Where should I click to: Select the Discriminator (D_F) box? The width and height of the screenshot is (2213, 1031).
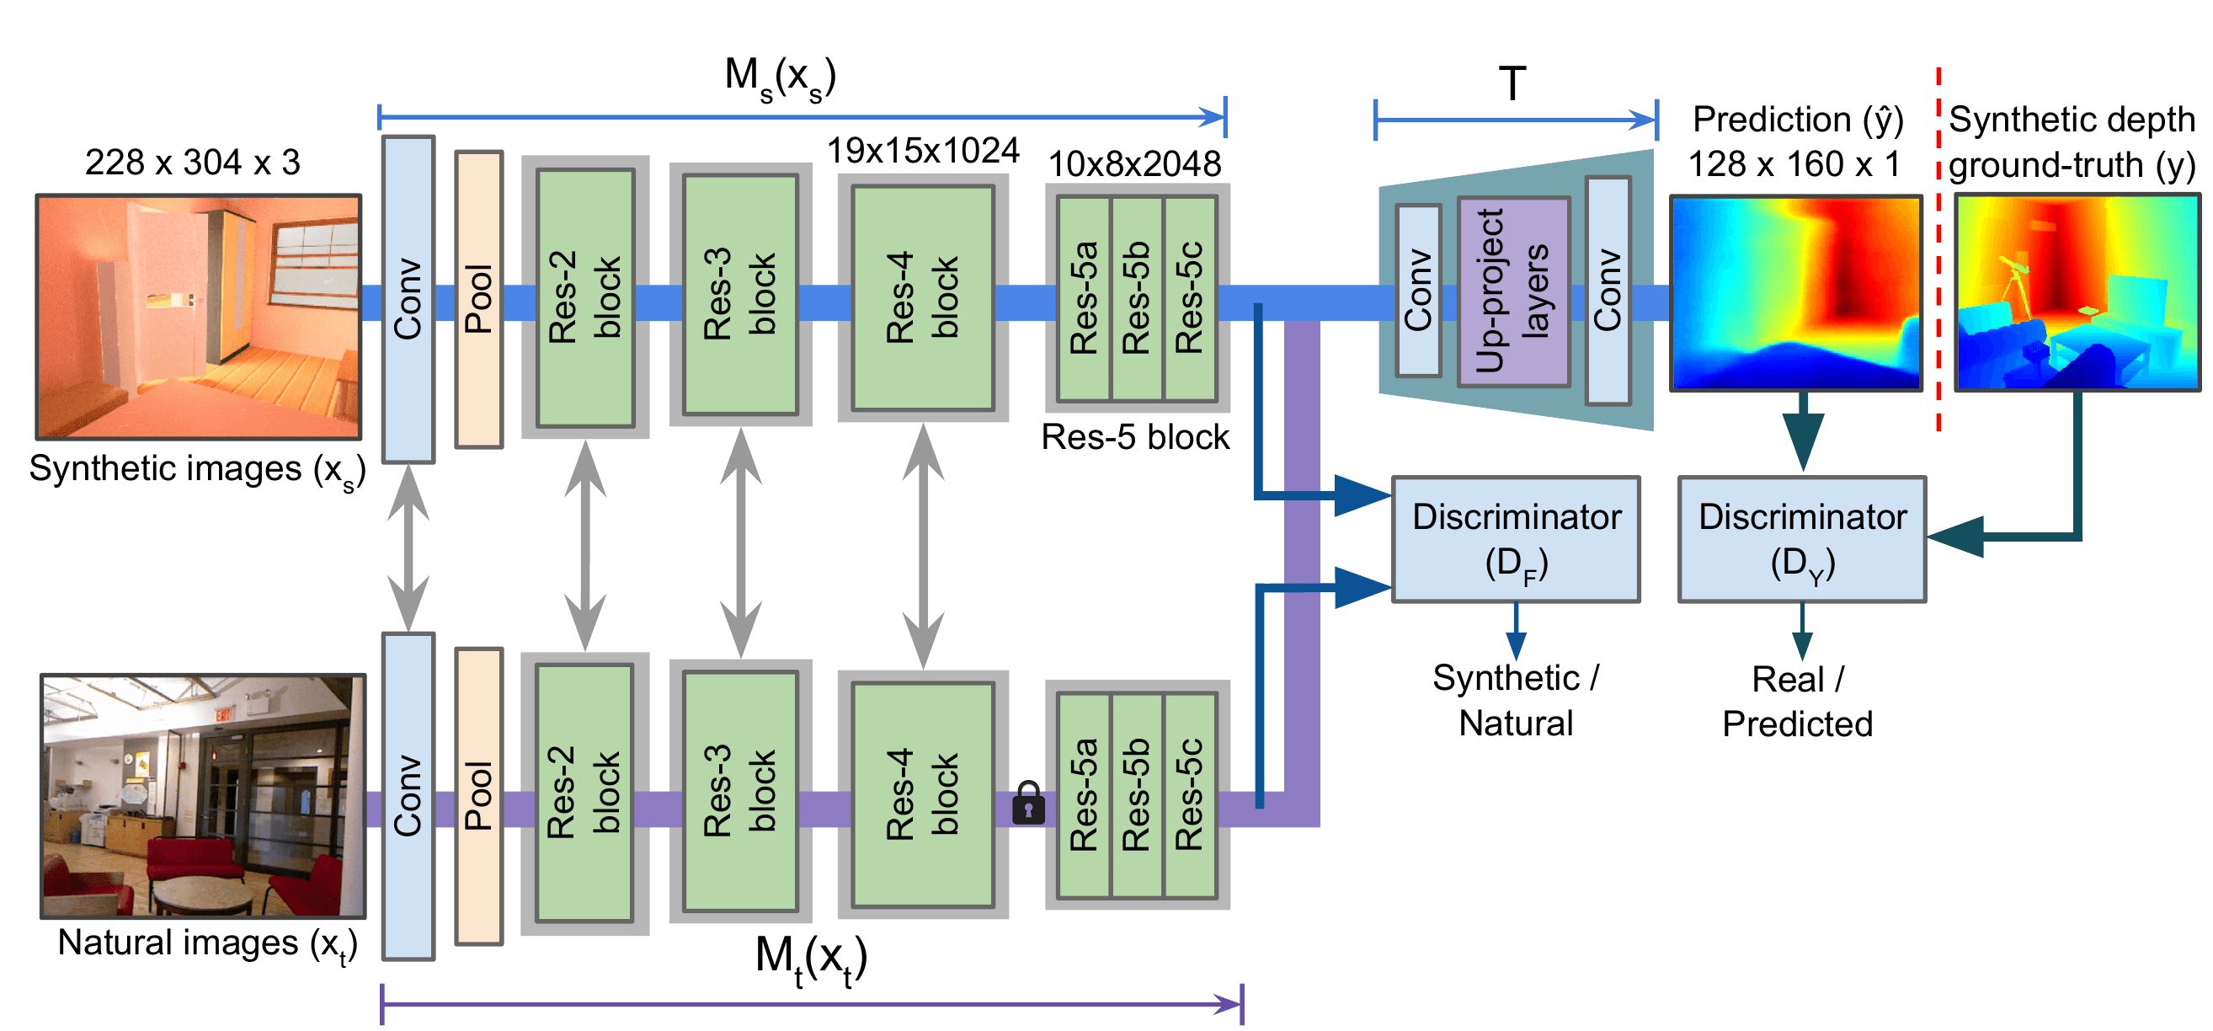1517,540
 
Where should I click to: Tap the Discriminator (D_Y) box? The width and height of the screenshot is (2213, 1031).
1802,540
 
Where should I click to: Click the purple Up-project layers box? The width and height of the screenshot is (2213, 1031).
1514,292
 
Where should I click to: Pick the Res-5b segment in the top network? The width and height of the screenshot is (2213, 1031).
1137,298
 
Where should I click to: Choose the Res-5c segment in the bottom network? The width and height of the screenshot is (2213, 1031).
1190,795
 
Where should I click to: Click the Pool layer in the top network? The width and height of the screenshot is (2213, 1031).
478,299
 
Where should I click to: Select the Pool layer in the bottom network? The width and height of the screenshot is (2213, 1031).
478,797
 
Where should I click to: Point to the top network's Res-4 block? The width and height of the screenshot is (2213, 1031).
923,298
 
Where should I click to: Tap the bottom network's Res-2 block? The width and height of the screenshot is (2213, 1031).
584,793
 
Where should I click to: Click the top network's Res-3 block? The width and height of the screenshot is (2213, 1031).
740,295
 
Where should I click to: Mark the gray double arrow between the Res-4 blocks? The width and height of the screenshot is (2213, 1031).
924,547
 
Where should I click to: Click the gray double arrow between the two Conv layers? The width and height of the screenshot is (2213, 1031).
408,548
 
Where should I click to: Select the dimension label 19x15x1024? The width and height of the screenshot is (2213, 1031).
923,152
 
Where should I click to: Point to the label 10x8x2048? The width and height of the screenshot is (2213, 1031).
1135,164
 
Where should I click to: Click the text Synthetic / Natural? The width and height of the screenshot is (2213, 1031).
1517,701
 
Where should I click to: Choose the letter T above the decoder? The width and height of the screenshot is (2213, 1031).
1513,84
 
